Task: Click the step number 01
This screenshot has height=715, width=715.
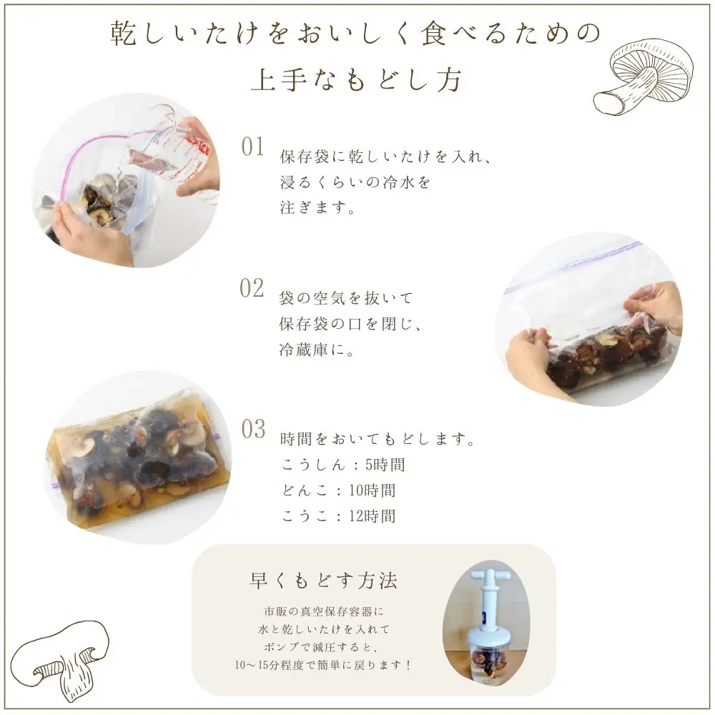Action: tap(253, 147)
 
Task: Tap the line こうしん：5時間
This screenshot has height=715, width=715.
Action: tap(343, 465)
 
